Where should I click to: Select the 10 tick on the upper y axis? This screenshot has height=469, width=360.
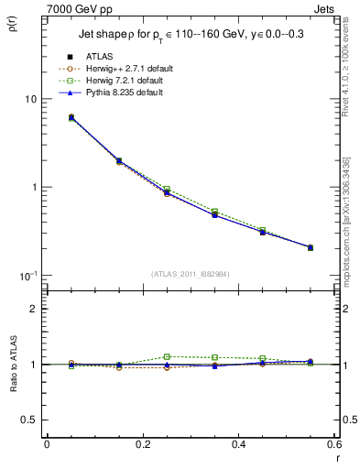pyautogui.click(x=30, y=99)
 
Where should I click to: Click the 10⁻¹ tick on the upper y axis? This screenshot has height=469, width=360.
pyautogui.click(x=27, y=276)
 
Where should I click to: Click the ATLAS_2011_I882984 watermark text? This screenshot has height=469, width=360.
pyautogui.click(x=190, y=273)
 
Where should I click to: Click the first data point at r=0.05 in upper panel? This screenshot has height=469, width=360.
pyautogui.click(x=71, y=117)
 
